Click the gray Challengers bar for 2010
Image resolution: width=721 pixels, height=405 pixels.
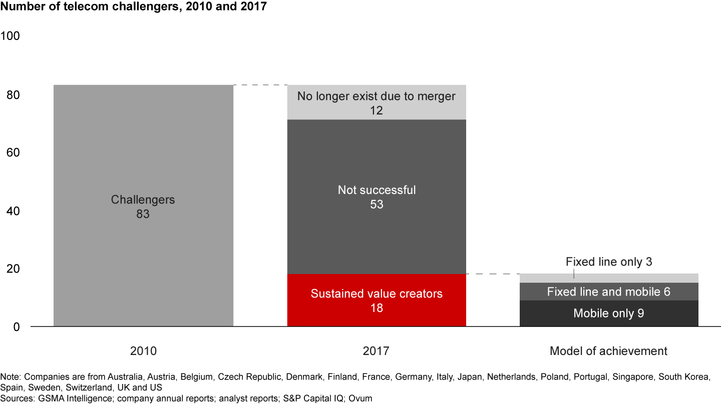(x=143, y=150)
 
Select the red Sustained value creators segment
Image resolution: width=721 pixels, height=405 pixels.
(x=377, y=300)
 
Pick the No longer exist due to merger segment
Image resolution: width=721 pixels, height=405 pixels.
(x=377, y=102)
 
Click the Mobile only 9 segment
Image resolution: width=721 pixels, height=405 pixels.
(x=609, y=313)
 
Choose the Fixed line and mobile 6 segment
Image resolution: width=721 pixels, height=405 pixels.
(x=609, y=291)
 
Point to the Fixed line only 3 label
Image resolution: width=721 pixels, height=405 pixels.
(x=609, y=261)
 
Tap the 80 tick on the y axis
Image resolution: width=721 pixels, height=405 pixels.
(x=12, y=94)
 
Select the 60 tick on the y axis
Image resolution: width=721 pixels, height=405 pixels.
(x=12, y=152)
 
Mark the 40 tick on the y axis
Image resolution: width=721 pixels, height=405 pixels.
(x=12, y=210)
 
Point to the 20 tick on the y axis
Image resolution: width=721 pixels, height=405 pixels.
(x=12, y=268)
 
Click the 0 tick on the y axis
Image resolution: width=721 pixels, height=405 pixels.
(x=16, y=326)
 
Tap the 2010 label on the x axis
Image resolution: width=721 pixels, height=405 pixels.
(x=143, y=351)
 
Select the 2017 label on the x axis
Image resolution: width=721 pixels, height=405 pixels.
(x=377, y=351)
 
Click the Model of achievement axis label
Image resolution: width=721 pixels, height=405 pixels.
(x=608, y=351)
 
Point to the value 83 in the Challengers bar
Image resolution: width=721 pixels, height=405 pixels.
(x=143, y=214)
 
